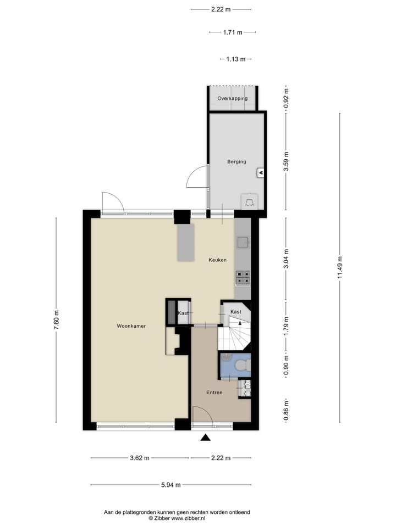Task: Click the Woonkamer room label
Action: pyautogui.click(x=131, y=326)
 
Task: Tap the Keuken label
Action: pyautogui.click(x=217, y=260)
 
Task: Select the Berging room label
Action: pyautogui.click(x=237, y=162)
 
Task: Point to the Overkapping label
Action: pyautogui.click(x=232, y=98)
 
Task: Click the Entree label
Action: pyautogui.click(x=215, y=393)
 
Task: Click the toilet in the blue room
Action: pyautogui.click(x=241, y=366)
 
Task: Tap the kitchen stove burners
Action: pyautogui.click(x=243, y=278)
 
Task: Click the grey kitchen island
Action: pyautogui.click(x=185, y=242)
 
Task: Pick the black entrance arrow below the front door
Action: pyautogui.click(x=206, y=438)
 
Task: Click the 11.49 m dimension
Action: pyautogui.click(x=339, y=267)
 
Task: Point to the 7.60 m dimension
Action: pyautogui.click(x=56, y=320)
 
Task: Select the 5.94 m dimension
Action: pyautogui.click(x=170, y=485)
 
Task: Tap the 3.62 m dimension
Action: pyautogui.click(x=139, y=458)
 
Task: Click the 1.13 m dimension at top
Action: pyautogui.click(x=235, y=59)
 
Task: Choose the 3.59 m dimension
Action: pyautogui.click(x=285, y=161)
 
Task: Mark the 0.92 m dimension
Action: pyautogui.click(x=285, y=98)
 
